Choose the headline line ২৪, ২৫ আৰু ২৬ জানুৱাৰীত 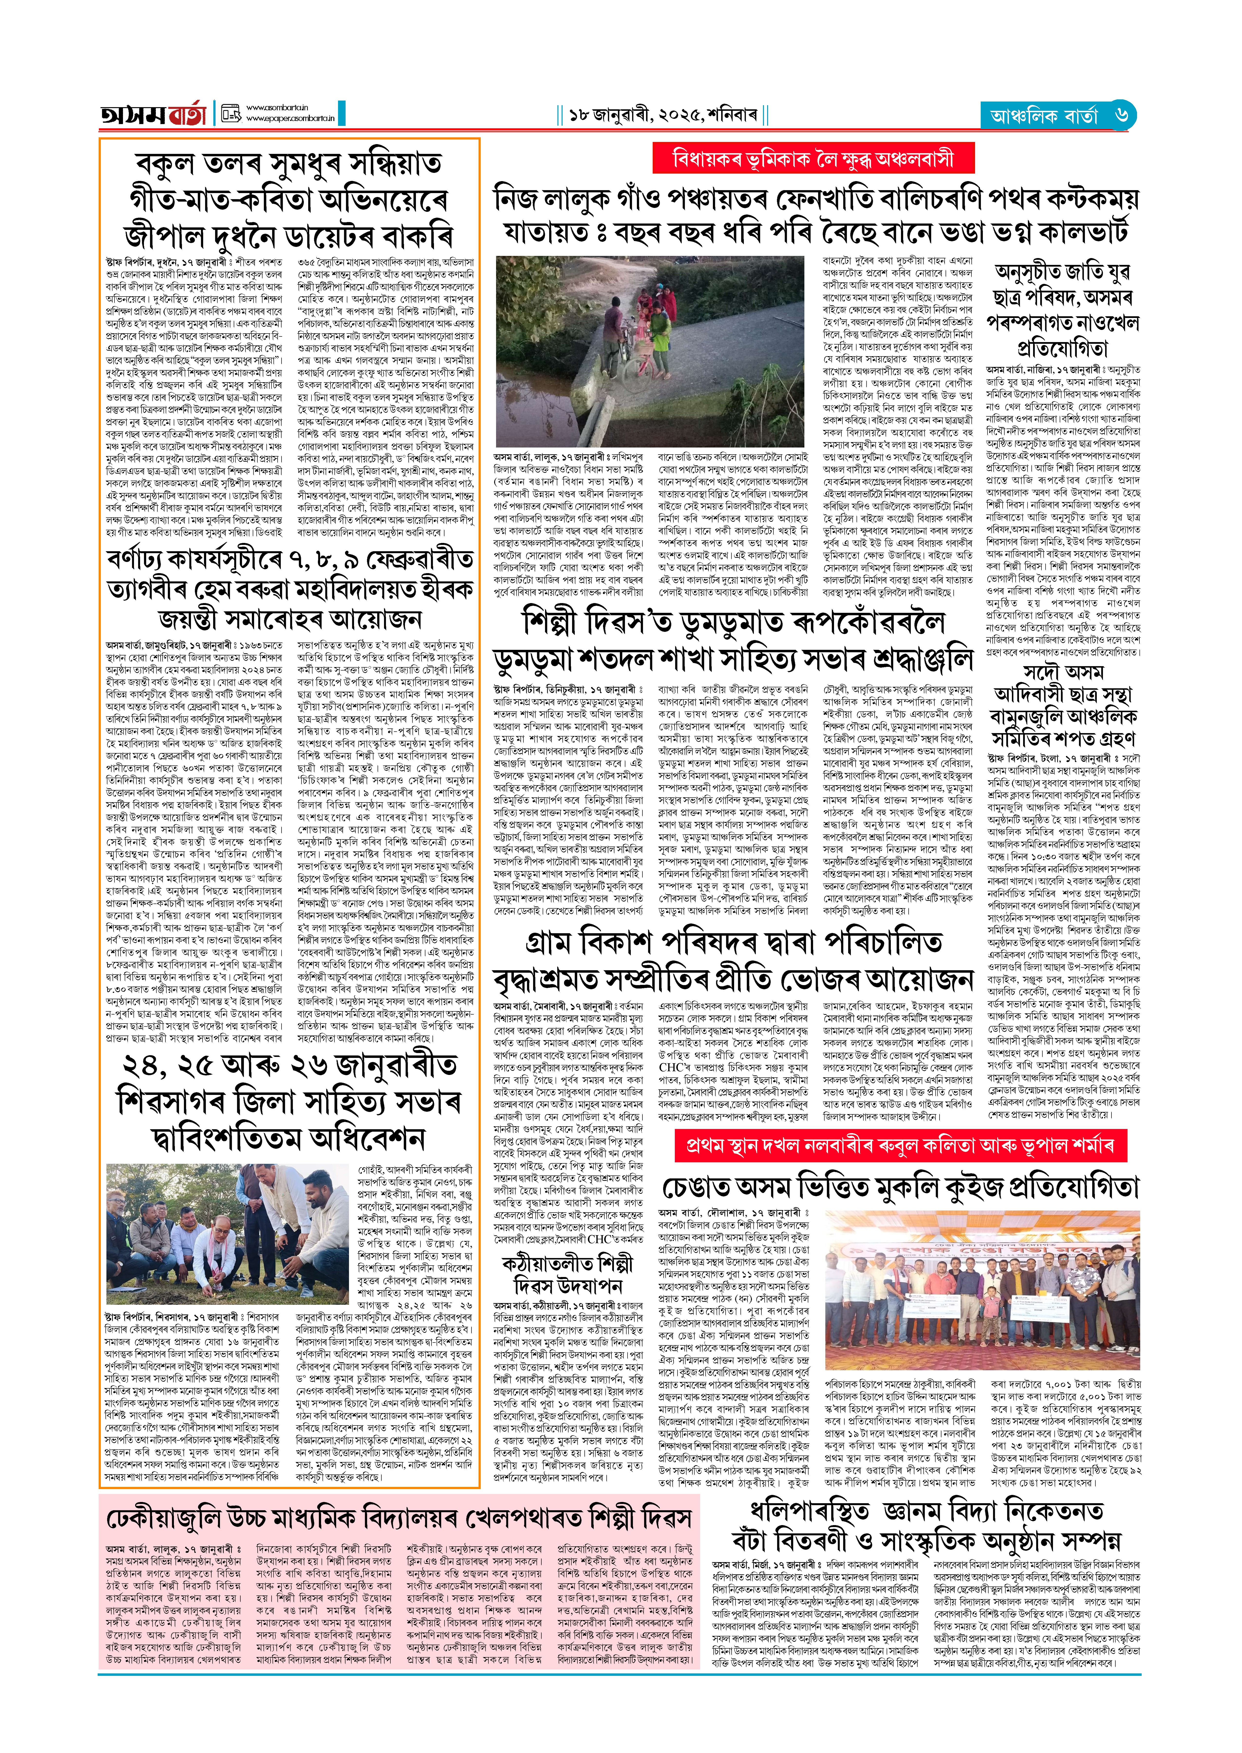pos(289,1065)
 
